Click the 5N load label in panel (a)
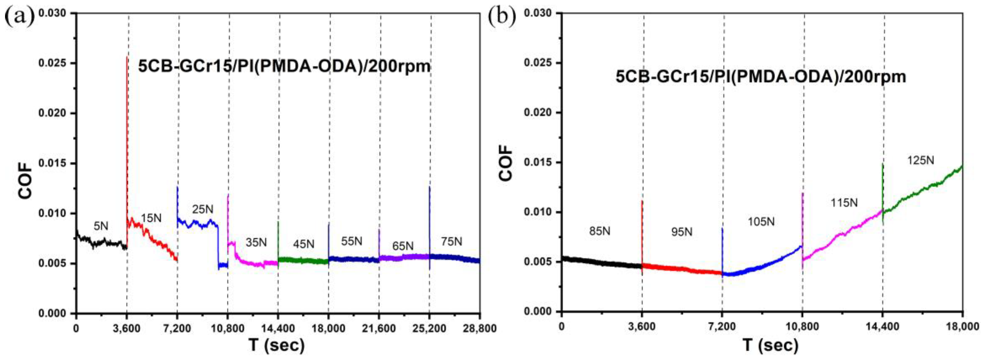pyautogui.click(x=101, y=226)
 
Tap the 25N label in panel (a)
pyautogui.click(x=203, y=209)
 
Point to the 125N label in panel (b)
pyautogui.click(x=921, y=160)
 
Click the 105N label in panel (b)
pyautogui.click(x=761, y=222)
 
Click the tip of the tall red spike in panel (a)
pyautogui.click(x=127, y=57)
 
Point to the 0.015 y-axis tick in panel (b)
pyautogui.click(x=537, y=162)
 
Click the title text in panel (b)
pyautogui.click(x=760, y=77)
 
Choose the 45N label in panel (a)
pyautogui.click(x=304, y=244)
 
